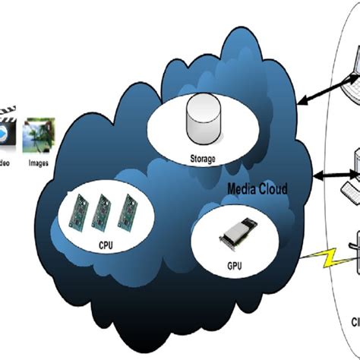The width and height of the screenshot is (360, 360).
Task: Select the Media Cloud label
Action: tap(258, 188)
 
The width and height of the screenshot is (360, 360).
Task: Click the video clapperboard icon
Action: tap(6, 131)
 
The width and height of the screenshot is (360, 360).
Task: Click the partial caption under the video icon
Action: tap(5, 161)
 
